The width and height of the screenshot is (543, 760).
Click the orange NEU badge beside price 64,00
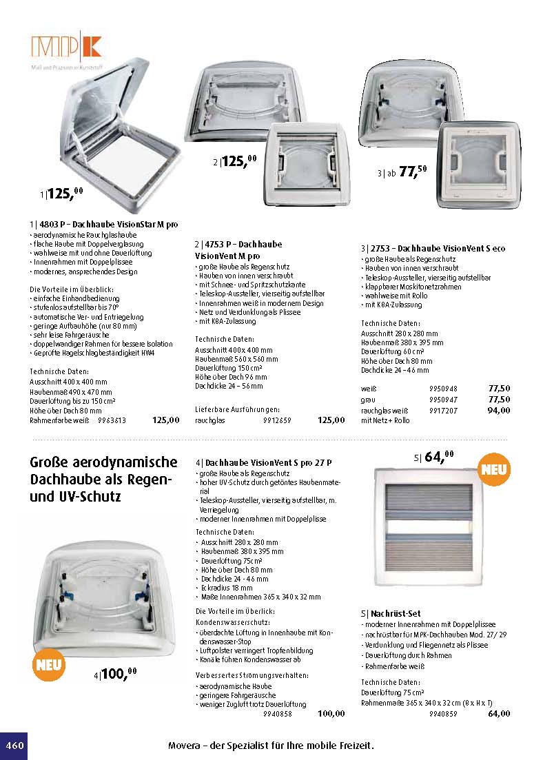click(495, 470)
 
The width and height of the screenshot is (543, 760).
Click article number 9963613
click(112, 420)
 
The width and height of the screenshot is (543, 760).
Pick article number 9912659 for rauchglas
click(277, 420)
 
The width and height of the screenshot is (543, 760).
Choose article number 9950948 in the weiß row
click(443, 388)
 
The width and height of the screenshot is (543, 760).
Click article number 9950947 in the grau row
click(443, 399)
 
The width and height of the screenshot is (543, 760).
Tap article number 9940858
click(278, 714)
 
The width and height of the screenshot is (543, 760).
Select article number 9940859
click(443, 714)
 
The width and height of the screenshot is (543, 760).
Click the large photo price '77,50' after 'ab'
click(413, 172)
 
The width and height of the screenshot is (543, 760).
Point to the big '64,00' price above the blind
click(439, 457)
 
